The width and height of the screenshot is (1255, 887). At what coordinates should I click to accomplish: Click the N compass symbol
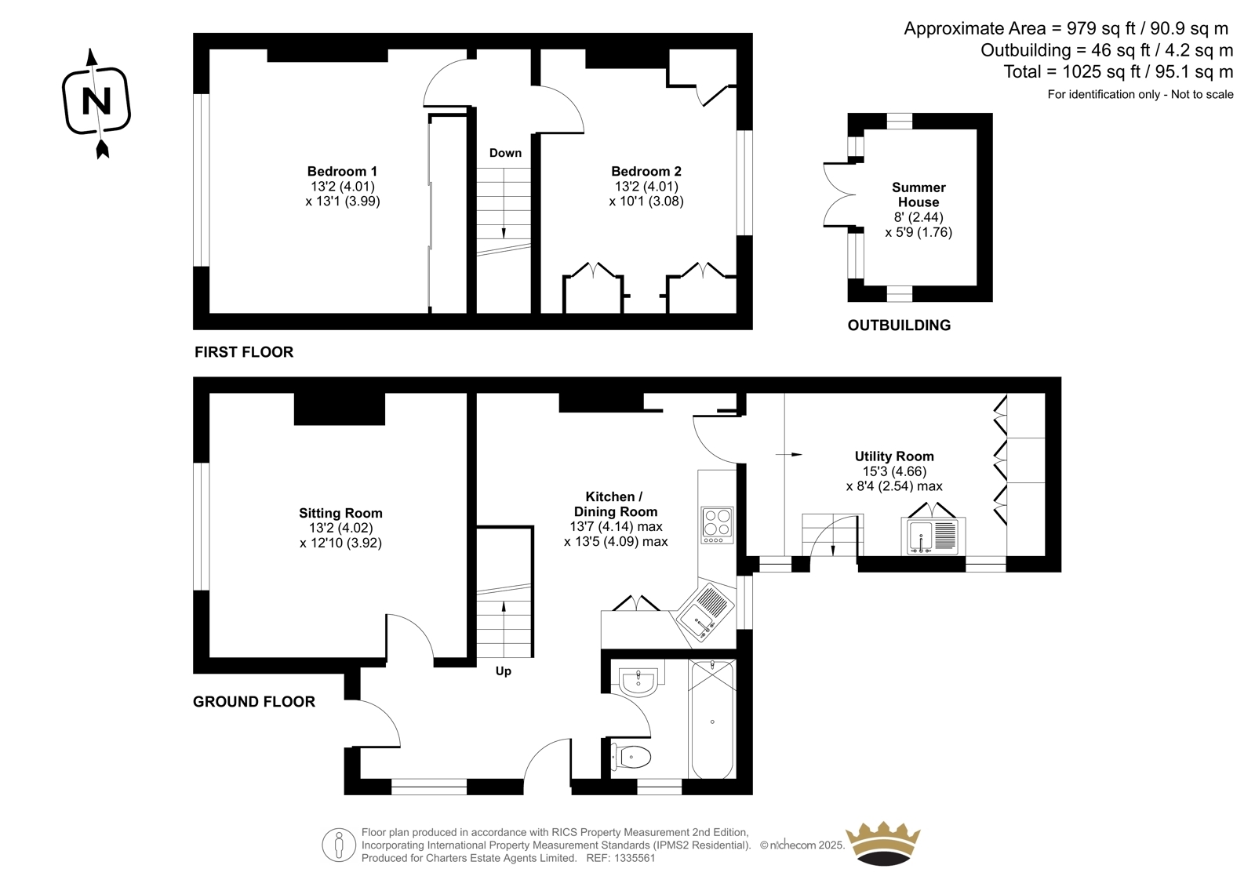coord(96,103)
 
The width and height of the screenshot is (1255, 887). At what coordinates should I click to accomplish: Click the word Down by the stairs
coord(505,153)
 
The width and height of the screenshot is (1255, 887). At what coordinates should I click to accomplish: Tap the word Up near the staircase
coord(503,671)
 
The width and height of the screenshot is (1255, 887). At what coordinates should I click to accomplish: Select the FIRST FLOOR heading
coord(244,352)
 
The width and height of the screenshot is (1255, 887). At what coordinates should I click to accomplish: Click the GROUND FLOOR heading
coord(254,702)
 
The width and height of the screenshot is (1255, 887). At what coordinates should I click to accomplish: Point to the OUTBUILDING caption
coord(899,325)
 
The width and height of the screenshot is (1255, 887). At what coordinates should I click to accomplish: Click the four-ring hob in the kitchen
coord(717,525)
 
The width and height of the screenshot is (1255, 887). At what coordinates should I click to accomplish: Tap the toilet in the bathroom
coord(631,758)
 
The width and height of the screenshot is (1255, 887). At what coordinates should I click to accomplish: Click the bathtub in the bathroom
coord(712,720)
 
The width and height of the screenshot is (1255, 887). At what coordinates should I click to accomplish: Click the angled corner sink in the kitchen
coord(705,613)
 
